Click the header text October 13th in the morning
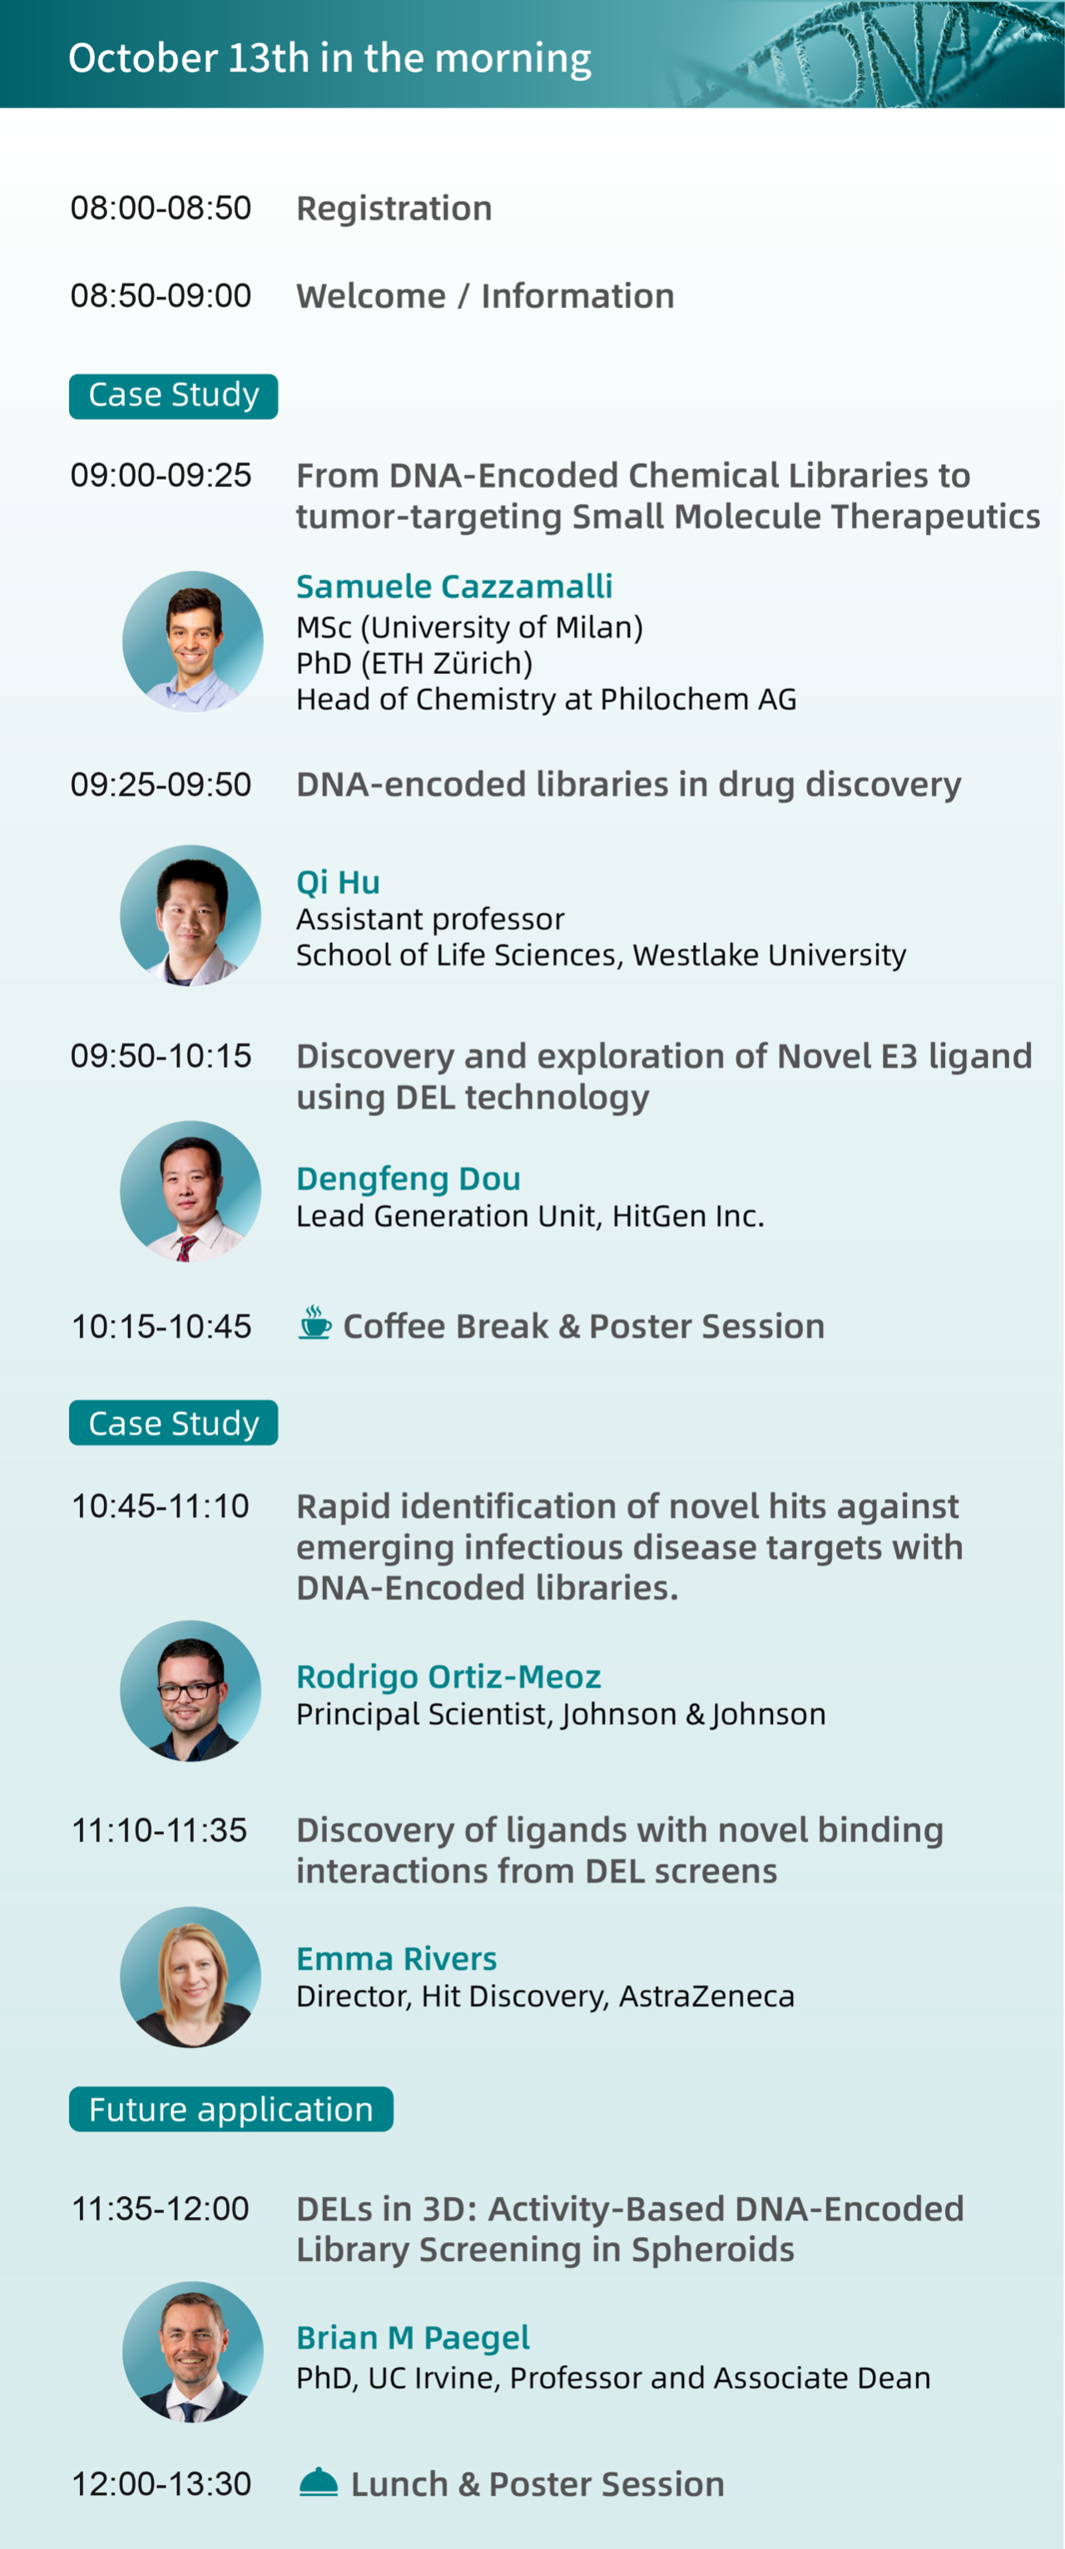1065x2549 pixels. (329, 58)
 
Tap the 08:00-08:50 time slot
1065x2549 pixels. (161, 208)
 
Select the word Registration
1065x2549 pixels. (394, 209)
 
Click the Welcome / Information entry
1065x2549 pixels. (485, 296)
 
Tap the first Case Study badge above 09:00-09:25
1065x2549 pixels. (173, 396)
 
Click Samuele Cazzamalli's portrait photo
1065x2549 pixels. (193, 642)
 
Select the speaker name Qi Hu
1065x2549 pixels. (338, 881)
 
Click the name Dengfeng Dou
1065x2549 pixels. (408, 1178)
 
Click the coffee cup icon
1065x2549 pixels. (315, 1323)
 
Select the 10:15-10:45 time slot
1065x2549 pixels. (161, 1326)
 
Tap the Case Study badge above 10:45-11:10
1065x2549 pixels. (173, 1423)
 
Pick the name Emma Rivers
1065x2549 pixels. (396, 1959)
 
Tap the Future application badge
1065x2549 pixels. (230, 2110)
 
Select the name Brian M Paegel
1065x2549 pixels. (413, 2338)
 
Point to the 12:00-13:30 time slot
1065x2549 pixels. (161, 2484)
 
